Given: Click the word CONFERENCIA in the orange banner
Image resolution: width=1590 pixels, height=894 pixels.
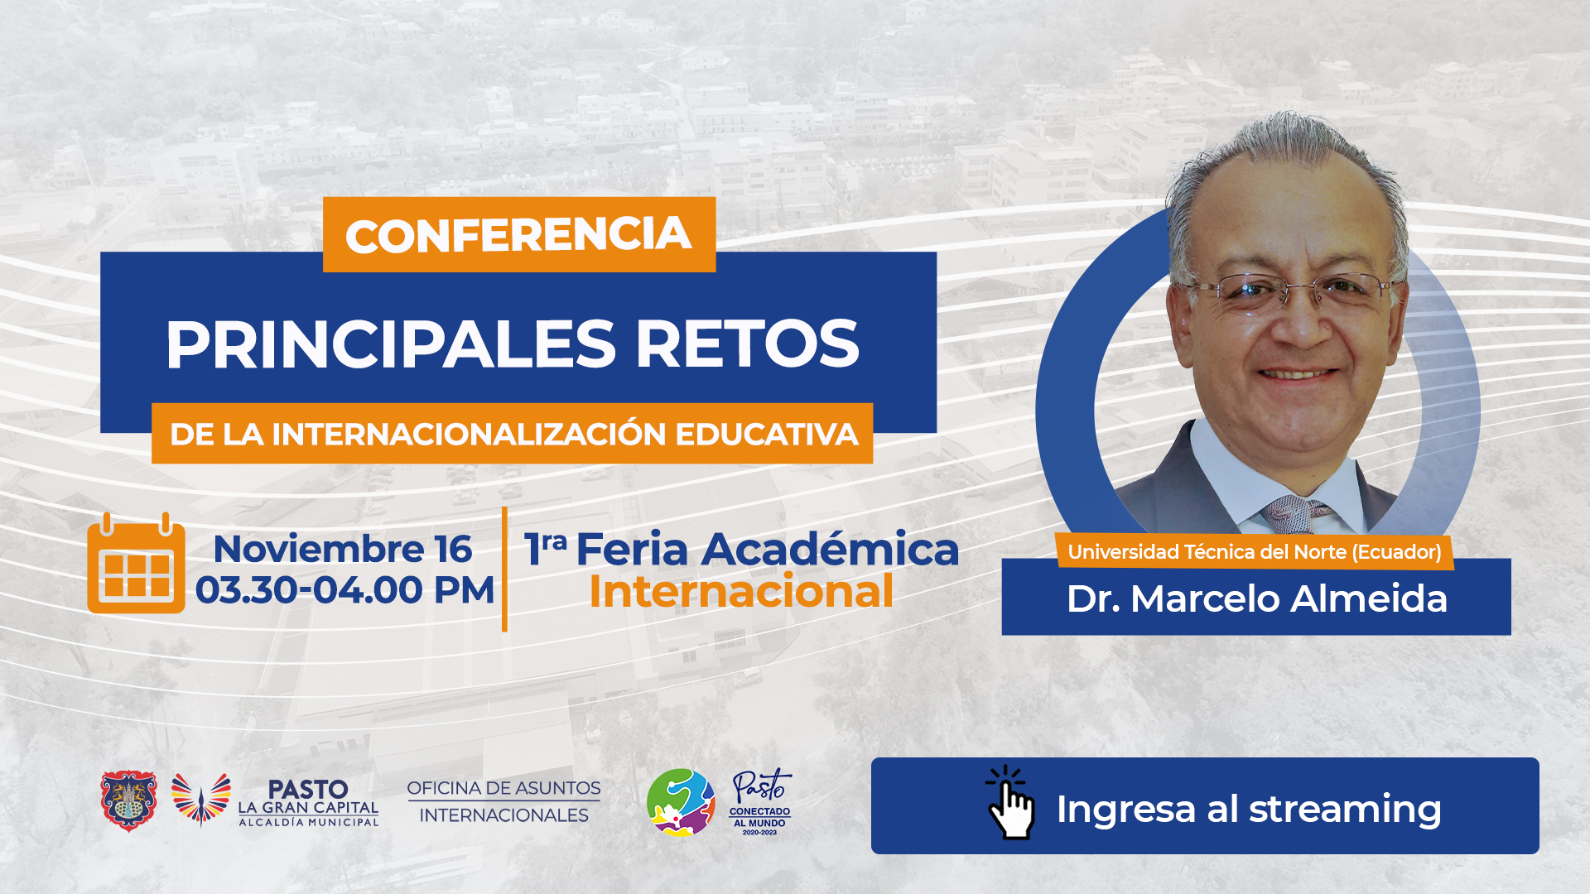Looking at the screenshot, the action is (x=518, y=235).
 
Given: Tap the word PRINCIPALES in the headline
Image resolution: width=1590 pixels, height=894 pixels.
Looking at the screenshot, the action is (x=391, y=344).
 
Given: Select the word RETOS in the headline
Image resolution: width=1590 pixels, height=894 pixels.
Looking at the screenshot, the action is (x=748, y=344).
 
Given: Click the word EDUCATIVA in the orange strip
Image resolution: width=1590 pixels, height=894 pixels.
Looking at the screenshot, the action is (x=767, y=434).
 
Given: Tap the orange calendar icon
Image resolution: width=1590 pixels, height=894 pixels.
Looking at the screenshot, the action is (x=136, y=563).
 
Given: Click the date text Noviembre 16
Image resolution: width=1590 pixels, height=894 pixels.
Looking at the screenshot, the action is (x=343, y=549).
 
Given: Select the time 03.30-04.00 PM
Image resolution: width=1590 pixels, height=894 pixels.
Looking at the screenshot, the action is (x=344, y=590).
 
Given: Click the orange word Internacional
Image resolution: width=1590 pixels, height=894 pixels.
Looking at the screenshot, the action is (x=741, y=591).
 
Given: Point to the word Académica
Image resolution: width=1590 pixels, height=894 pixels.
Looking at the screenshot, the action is (x=831, y=549).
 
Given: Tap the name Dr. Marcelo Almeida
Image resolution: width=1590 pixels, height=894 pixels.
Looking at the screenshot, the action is (x=1256, y=598).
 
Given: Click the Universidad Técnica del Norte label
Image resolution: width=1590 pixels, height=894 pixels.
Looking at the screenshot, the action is (x=1255, y=552).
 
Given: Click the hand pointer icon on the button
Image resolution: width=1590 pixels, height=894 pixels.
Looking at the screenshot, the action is (x=1009, y=802).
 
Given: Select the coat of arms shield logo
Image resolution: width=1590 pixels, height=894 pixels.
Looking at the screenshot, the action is (x=128, y=800).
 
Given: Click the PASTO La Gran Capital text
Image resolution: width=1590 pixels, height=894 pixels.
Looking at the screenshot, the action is (x=308, y=802).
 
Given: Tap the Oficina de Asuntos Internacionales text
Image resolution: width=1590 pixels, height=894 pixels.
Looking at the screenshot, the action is (x=503, y=801).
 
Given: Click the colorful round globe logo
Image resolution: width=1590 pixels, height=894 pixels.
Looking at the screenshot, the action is (x=681, y=802).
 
